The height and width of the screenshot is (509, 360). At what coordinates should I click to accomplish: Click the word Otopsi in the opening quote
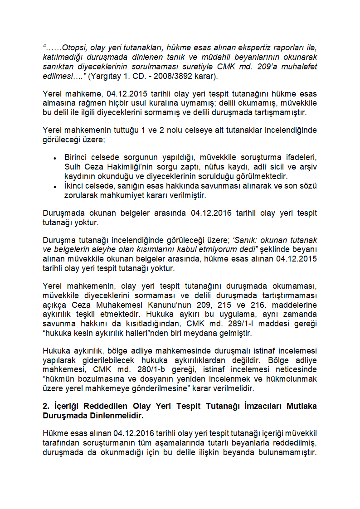click(x=74, y=47)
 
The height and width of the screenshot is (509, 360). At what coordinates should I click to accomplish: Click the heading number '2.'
click(x=46, y=406)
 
